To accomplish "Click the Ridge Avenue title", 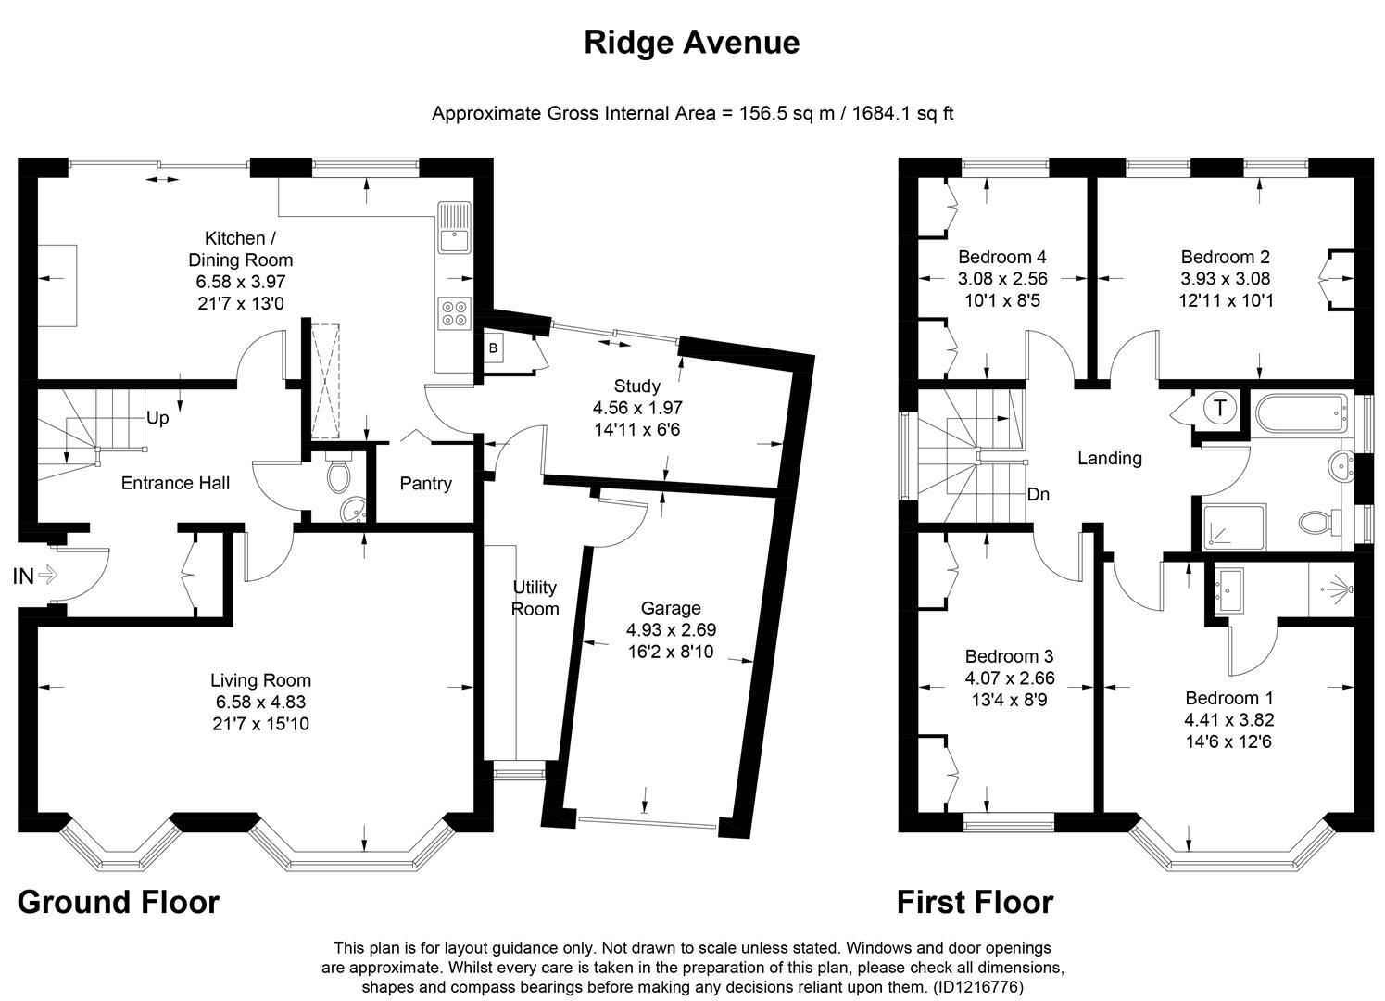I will pyautogui.click(x=691, y=43).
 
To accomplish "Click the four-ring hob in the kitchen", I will pyautogui.click(x=454, y=312).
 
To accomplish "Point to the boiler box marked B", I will pyautogui.click(x=493, y=348).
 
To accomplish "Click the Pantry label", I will pyautogui.click(x=425, y=483).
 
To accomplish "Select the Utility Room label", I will pyautogui.click(x=535, y=598).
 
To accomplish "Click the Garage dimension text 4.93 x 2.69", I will pyautogui.click(x=671, y=630).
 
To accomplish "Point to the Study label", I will pyautogui.click(x=637, y=386).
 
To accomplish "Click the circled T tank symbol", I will pyautogui.click(x=1220, y=408).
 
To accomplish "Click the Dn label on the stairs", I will pyautogui.click(x=1038, y=495).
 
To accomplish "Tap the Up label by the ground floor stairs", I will pyautogui.click(x=157, y=418).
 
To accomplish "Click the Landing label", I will pyautogui.click(x=1109, y=458).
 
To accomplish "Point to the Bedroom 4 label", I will pyautogui.click(x=1002, y=257).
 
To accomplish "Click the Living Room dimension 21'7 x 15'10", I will pyautogui.click(x=259, y=724).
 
